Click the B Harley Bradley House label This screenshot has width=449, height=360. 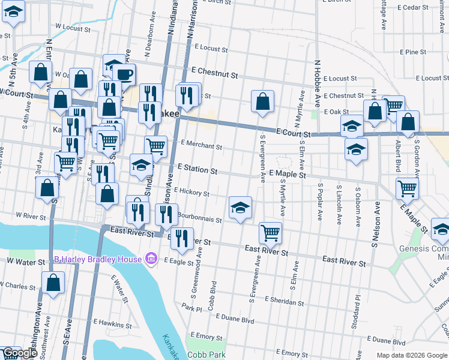(x=98, y=259)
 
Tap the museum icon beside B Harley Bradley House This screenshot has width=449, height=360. (x=152, y=259)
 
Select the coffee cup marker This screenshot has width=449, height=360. (x=125, y=74)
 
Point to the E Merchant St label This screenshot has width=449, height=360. (x=201, y=146)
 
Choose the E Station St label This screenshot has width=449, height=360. (x=197, y=170)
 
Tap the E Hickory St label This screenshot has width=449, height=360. (x=191, y=192)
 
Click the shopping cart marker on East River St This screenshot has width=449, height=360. (x=270, y=232)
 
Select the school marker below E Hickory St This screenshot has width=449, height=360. (x=240, y=208)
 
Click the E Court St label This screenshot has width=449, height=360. (x=294, y=132)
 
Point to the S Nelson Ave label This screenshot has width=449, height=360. (x=376, y=224)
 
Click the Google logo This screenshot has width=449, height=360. (x=20, y=353)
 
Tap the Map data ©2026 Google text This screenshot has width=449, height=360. (x=411, y=355)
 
